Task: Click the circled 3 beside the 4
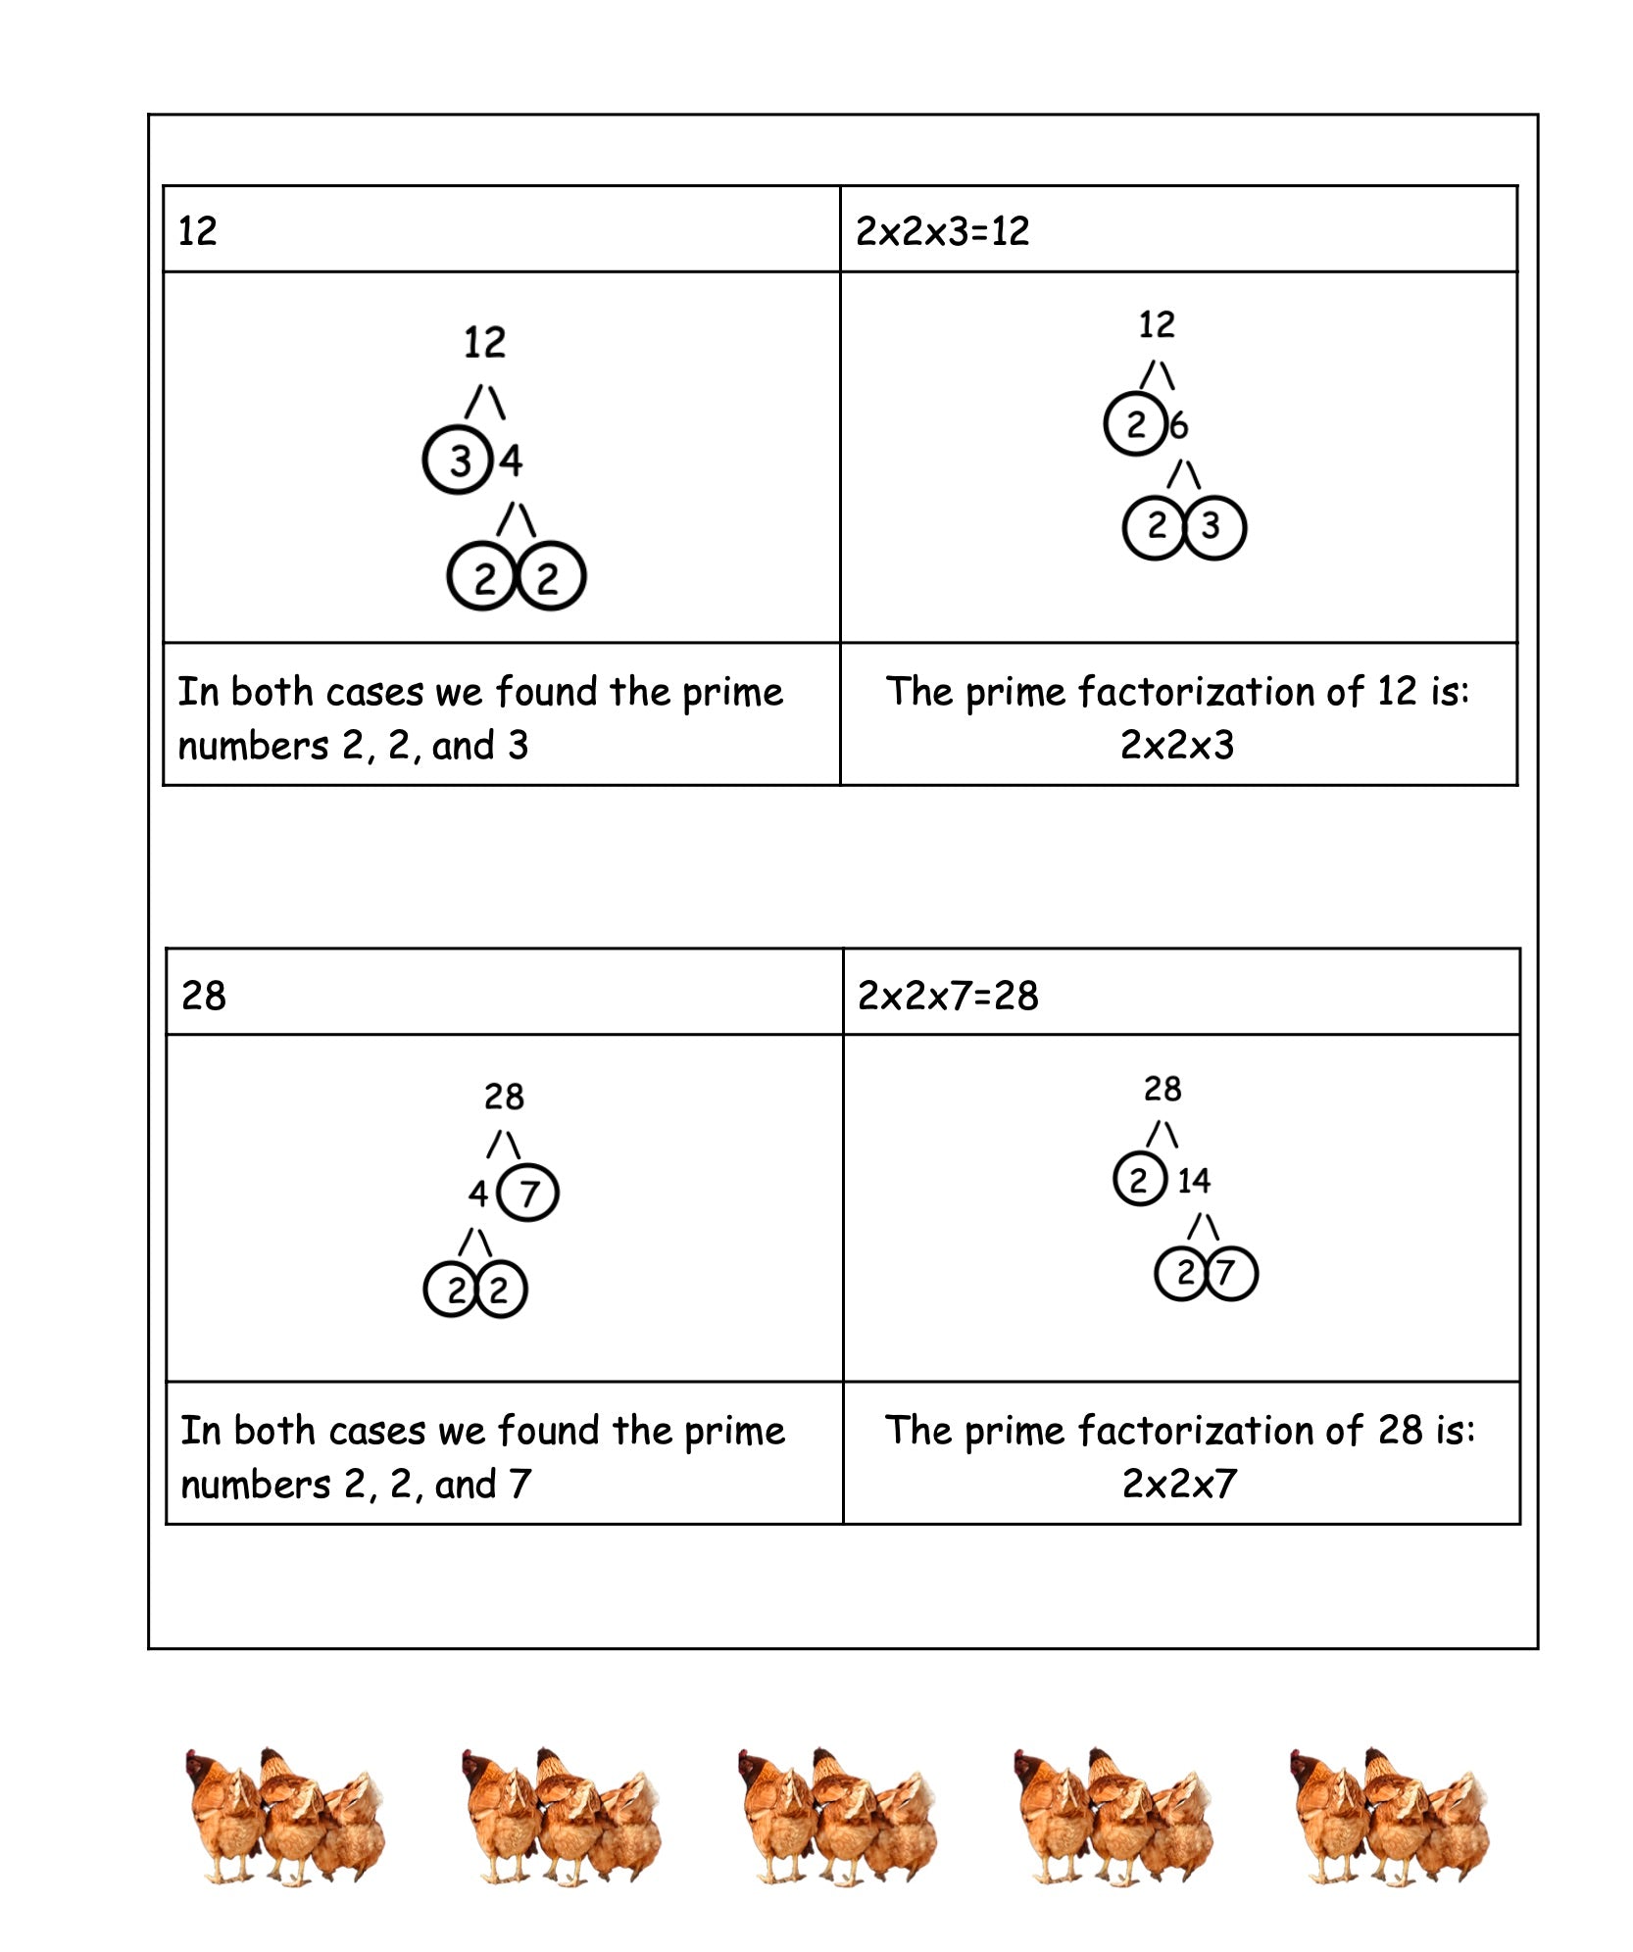click(x=458, y=460)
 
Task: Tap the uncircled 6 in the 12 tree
click(x=1178, y=425)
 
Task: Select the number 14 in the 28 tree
click(x=1193, y=1180)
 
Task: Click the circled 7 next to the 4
click(x=528, y=1193)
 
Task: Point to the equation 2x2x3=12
click(x=942, y=231)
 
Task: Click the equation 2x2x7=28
click(x=947, y=996)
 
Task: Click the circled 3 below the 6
click(x=1213, y=527)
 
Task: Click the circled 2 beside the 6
click(x=1135, y=424)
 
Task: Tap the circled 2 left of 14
click(x=1139, y=1180)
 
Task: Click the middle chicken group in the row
click(x=837, y=1813)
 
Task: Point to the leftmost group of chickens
click(x=284, y=1813)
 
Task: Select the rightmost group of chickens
click(x=1389, y=1813)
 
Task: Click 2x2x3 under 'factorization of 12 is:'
click(x=1177, y=746)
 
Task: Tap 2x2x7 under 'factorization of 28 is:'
click(x=1179, y=1485)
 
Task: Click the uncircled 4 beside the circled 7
click(x=477, y=1194)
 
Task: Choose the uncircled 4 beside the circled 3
click(x=511, y=461)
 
